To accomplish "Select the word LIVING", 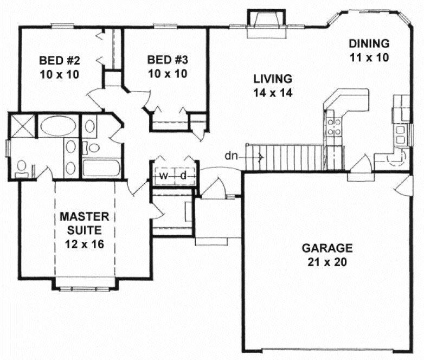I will [272, 79].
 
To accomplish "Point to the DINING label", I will [369, 43].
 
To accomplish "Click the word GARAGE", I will [327, 249].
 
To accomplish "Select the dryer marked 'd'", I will [183, 176].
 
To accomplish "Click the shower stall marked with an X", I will [21, 125].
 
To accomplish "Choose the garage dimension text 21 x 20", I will [327, 262].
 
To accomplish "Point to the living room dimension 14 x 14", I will [272, 93].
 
